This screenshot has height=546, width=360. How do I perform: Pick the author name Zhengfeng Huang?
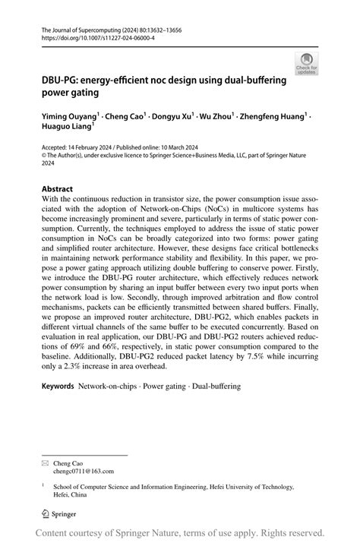(x=273, y=118)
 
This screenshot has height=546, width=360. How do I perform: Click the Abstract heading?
(x=57, y=188)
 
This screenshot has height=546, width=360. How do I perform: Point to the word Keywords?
(x=58, y=387)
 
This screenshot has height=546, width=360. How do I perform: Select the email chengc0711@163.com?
(x=82, y=470)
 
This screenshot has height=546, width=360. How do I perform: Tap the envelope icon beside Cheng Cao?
(x=45, y=462)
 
